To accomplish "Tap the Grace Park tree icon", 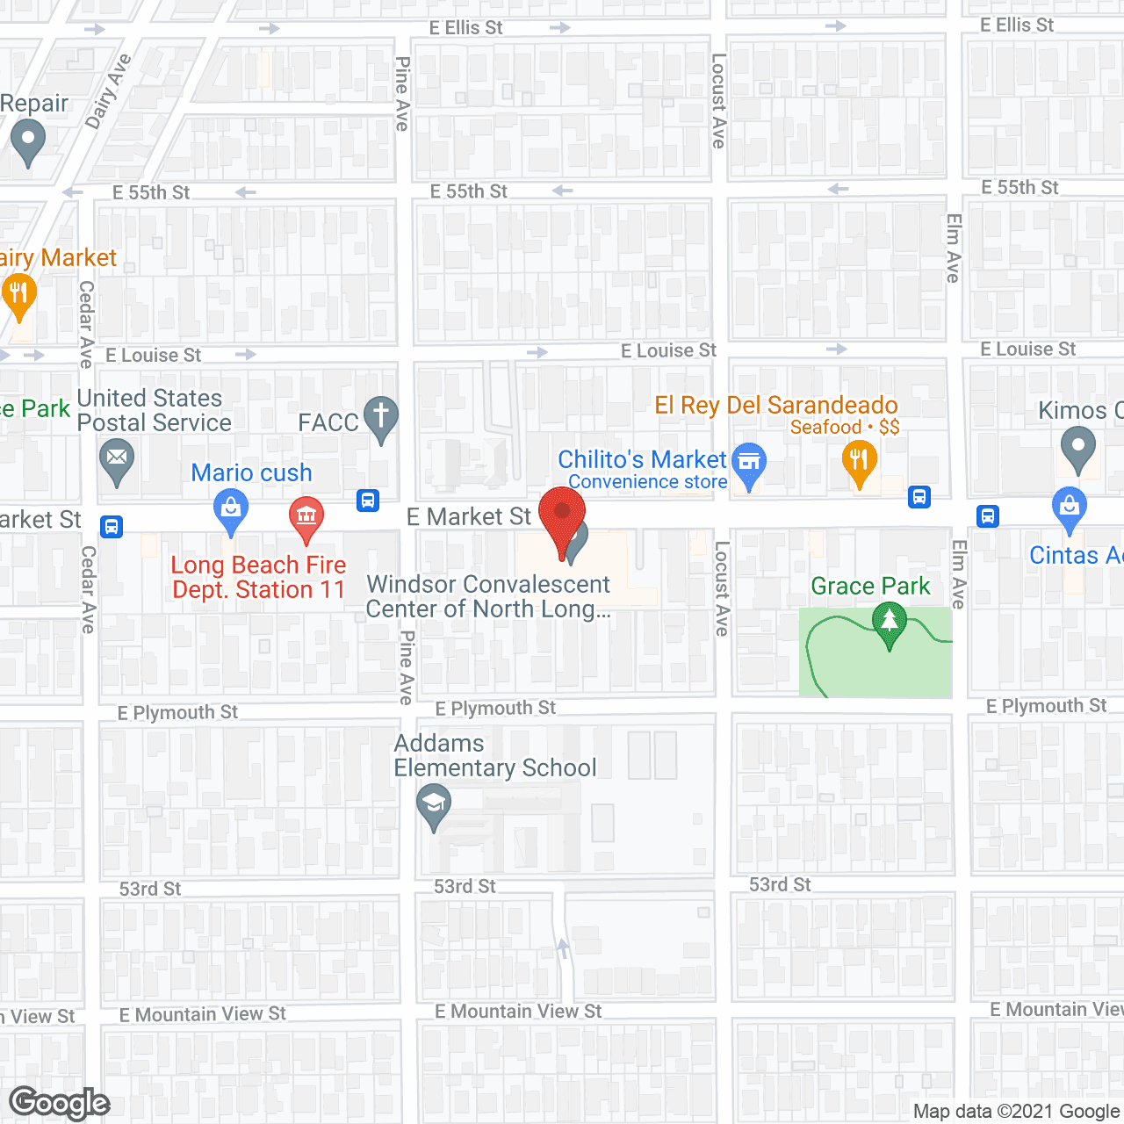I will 890,623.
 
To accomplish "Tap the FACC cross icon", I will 381,416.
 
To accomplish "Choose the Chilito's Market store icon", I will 749,463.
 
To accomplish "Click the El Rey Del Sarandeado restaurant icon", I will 860,461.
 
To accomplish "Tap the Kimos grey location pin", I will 1077,447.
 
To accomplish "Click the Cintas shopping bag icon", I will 1069,508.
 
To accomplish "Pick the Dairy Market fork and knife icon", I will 18,293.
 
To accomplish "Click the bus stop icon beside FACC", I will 368,501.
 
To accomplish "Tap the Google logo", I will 59,1103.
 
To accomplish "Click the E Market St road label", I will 469,517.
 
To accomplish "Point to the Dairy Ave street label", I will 109,91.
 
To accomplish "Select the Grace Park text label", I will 870,586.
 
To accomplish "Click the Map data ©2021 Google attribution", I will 1016,1112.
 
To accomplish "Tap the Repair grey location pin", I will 28,140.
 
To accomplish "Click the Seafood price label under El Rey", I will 845,428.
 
